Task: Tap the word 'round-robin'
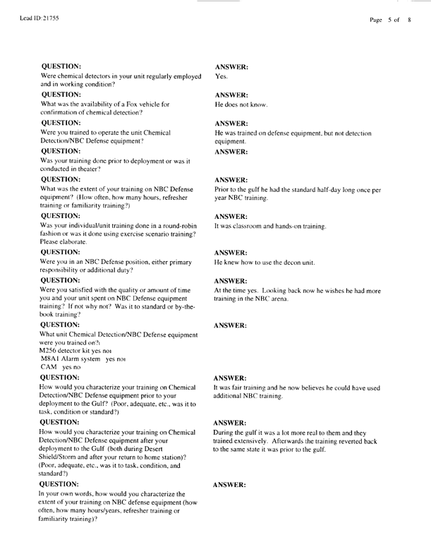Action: point(185,225)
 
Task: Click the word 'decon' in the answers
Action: point(296,262)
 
